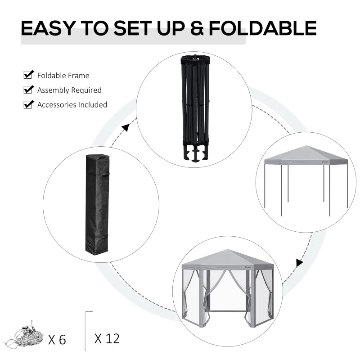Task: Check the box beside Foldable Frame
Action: [29, 75]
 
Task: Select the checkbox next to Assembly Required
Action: [29, 90]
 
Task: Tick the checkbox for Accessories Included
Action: [29, 104]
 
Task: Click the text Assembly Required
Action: [69, 90]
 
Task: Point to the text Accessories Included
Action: [72, 105]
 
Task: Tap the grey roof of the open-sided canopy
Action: [306, 155]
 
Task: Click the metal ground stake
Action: [85, 331]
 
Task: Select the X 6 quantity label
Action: [57, 339]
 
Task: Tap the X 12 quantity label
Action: [107, 338]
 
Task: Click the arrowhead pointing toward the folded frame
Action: [126, 128]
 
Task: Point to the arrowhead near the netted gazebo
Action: [299, 263]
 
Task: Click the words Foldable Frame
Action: [63, 76]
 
